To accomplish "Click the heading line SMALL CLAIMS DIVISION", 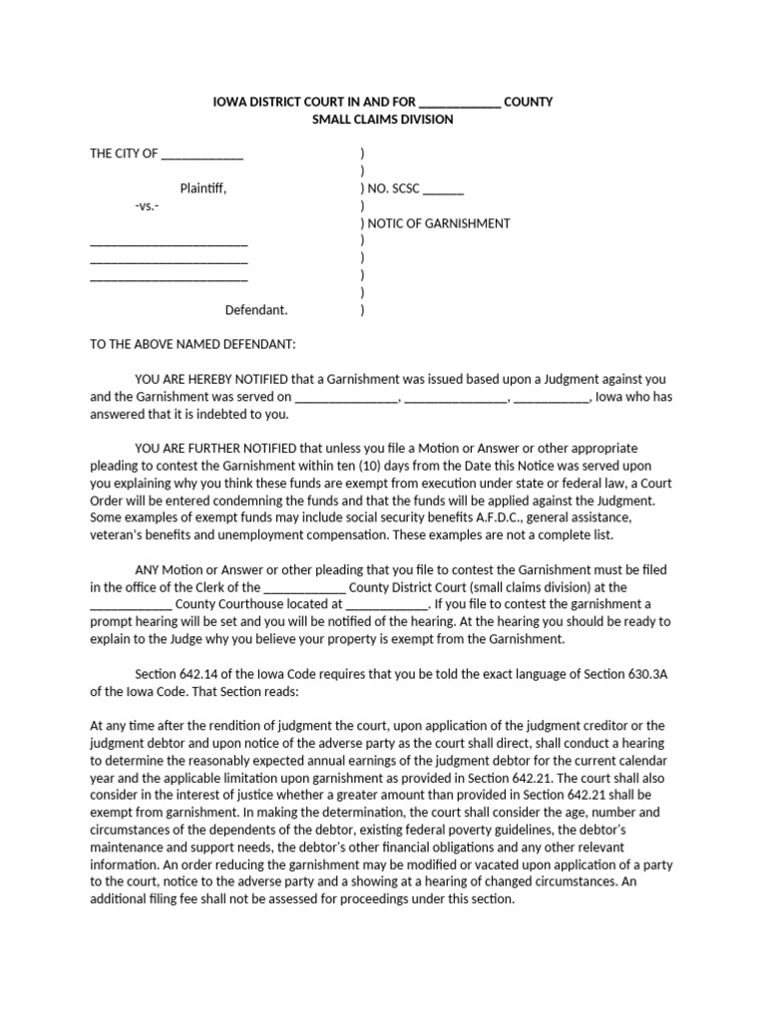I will pyautogui.click(x=383, y=120).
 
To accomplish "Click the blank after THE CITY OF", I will pyautogui.click(x=201, y=155).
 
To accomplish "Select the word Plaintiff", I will pyautogui.click(x=202, y=188).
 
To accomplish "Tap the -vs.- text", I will pyautogui.click(x=146, y=205).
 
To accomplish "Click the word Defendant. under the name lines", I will pyautogui.click(x=256, y=310).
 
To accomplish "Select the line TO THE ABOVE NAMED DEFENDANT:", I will pyautogui.click(x=192, y=344).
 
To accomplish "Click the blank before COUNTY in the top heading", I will pyautogui.click(x=460, y=103).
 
